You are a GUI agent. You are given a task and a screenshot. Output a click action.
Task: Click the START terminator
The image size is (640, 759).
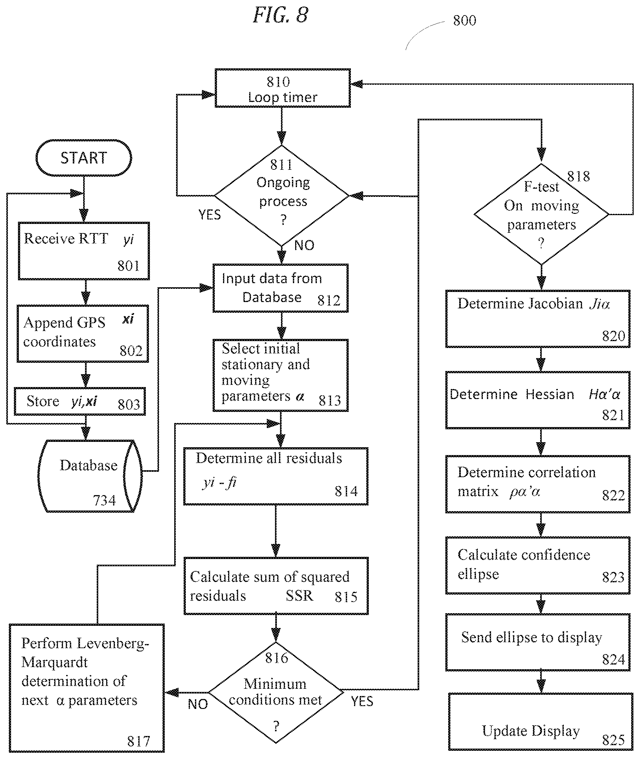tap(84, 158)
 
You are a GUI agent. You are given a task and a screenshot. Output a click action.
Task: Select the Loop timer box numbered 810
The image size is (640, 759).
tap(283, 88)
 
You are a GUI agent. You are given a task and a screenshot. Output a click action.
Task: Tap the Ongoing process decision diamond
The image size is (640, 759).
tap(282, 196)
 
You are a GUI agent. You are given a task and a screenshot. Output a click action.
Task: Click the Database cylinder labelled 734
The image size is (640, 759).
tap(90, 476)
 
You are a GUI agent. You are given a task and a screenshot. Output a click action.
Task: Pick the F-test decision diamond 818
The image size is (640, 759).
tap(541, 214)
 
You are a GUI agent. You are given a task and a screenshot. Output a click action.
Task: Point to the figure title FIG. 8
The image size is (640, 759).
tap(280, 15)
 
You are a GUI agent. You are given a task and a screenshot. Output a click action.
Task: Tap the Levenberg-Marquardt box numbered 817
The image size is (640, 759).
tap(87, 688)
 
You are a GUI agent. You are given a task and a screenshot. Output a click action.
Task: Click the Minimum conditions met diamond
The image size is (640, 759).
tap(276, 692)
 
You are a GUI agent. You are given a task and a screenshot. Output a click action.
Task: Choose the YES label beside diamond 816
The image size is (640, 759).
tap(362, 701)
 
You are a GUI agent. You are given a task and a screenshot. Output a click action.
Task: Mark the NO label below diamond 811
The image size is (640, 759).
tap(304, 245)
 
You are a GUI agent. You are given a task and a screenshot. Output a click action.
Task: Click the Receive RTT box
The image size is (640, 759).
tap(84, 251)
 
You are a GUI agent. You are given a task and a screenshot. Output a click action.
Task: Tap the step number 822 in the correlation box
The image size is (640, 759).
tap(613, 495)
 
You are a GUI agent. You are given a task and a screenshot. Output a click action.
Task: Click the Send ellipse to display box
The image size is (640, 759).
tap(538, 642)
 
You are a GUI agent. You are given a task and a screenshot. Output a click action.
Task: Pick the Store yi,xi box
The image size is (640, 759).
tap(80, 401)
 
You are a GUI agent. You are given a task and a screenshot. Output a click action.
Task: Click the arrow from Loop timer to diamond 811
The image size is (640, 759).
tap(282, 126)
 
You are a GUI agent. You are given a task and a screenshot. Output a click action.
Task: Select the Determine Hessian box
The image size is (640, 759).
tap(538, 400)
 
